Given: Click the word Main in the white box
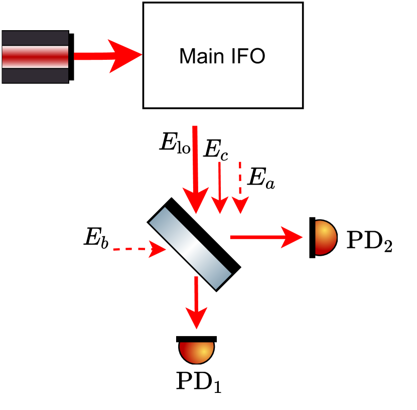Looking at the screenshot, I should (201, 56).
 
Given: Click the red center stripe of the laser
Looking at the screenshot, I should (35, 57).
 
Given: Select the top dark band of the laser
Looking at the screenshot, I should (35, 38).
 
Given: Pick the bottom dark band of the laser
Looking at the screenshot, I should (35, 76).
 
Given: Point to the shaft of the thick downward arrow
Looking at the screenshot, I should (195, 156).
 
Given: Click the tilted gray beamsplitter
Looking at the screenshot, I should (190, 248).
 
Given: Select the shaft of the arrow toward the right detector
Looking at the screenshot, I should (256, 237).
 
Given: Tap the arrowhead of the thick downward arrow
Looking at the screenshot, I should (195, 201).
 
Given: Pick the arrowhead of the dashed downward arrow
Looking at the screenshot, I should (240, 204).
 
